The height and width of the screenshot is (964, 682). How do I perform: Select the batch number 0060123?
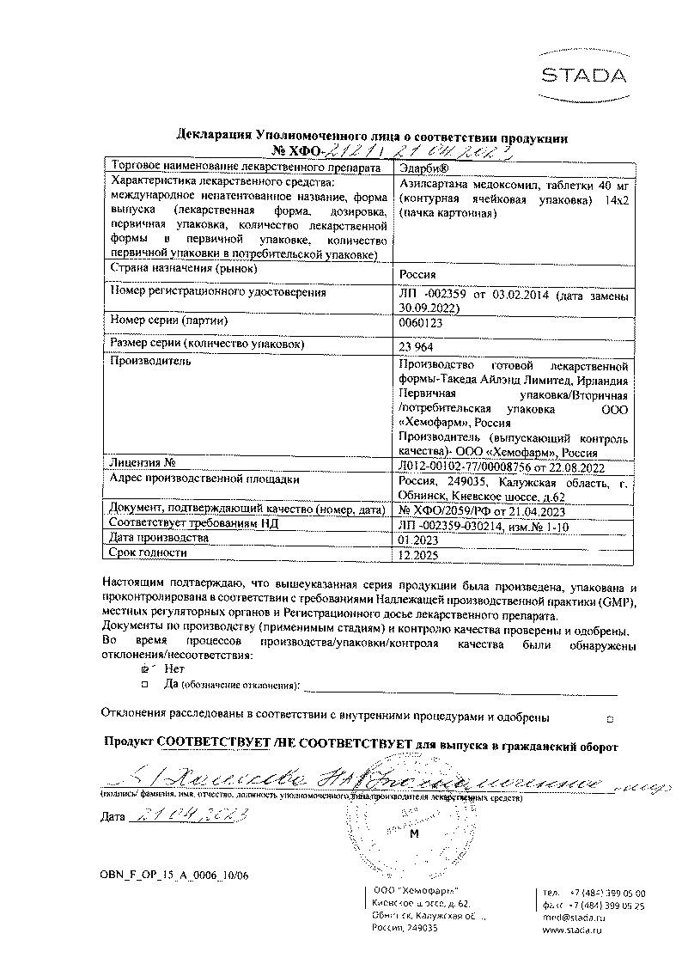(x=421, y=326)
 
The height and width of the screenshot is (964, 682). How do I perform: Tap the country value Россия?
(x=420, y=275)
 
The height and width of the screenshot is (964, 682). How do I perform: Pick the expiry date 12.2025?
(x=418, y=556)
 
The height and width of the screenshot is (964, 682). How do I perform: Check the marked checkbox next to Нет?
(x=144, y=668)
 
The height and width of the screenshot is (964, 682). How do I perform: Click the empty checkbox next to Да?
(x=144, y=684)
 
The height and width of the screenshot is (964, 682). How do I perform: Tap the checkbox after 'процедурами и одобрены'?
(x=610, y=717)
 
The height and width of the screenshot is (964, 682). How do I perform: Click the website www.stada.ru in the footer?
(x=572, y=930)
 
